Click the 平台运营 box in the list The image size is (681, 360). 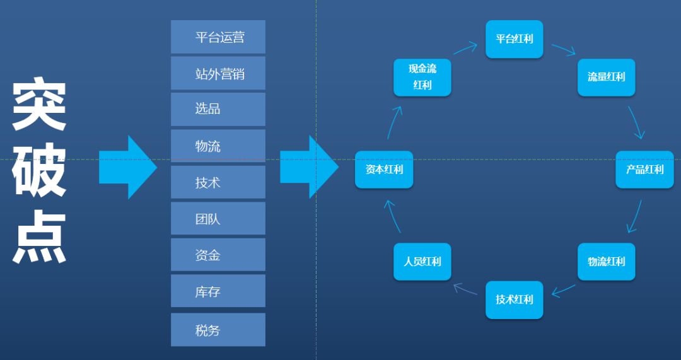218,37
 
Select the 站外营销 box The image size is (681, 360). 218,73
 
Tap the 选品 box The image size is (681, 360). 218,109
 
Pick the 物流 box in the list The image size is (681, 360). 218,146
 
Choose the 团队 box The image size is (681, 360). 218,219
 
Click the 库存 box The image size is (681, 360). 218,291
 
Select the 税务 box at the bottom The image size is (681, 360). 218,330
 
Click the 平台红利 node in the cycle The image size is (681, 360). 514,39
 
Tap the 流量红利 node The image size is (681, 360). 606,77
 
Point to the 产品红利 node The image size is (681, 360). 644,169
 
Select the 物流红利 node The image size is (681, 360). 606,261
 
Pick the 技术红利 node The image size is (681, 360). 514,299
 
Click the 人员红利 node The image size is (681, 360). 422,261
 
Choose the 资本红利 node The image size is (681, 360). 383,169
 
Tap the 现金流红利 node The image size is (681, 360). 422,77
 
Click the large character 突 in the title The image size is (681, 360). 39,104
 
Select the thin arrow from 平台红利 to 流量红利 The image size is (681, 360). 563,50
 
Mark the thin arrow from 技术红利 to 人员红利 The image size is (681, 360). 465,289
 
